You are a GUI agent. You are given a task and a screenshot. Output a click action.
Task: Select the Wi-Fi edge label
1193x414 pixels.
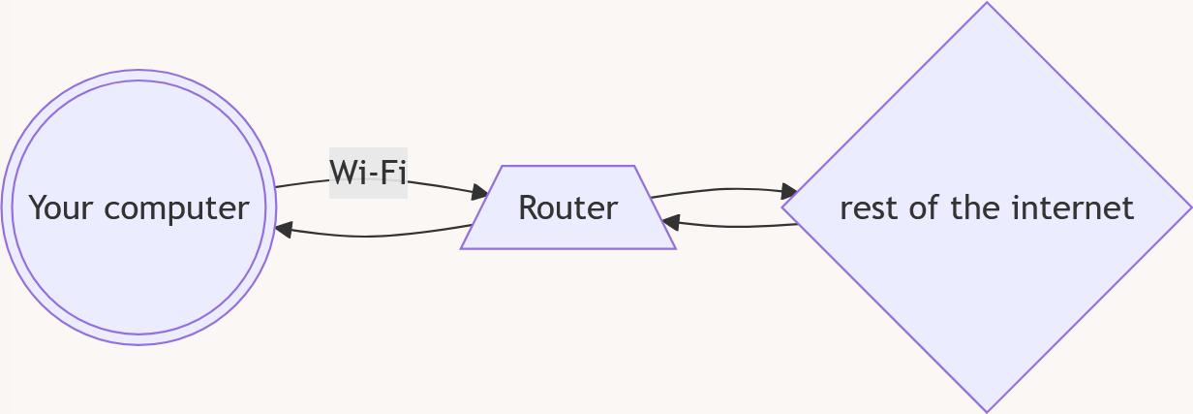368,173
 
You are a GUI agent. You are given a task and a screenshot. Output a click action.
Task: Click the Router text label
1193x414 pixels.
567,207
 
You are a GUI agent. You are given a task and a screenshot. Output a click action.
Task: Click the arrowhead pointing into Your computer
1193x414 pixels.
283,230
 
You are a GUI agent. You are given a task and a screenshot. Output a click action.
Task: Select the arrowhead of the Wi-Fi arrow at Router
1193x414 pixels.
480,195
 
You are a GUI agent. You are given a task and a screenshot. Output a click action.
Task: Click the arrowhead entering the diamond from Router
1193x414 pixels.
790,192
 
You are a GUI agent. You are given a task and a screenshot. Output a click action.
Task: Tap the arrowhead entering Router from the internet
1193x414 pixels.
670,223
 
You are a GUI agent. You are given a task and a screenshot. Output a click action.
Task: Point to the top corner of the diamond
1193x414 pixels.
987,4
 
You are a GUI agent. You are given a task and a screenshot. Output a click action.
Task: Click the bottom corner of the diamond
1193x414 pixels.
987,411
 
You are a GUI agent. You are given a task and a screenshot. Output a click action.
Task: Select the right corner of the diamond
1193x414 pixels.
1190,207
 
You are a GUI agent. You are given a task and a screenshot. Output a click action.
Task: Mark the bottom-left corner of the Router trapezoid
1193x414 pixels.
462,248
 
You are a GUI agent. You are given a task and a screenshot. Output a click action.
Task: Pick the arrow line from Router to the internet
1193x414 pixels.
721,189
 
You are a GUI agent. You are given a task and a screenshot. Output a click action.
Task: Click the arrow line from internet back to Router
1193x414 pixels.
736,227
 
